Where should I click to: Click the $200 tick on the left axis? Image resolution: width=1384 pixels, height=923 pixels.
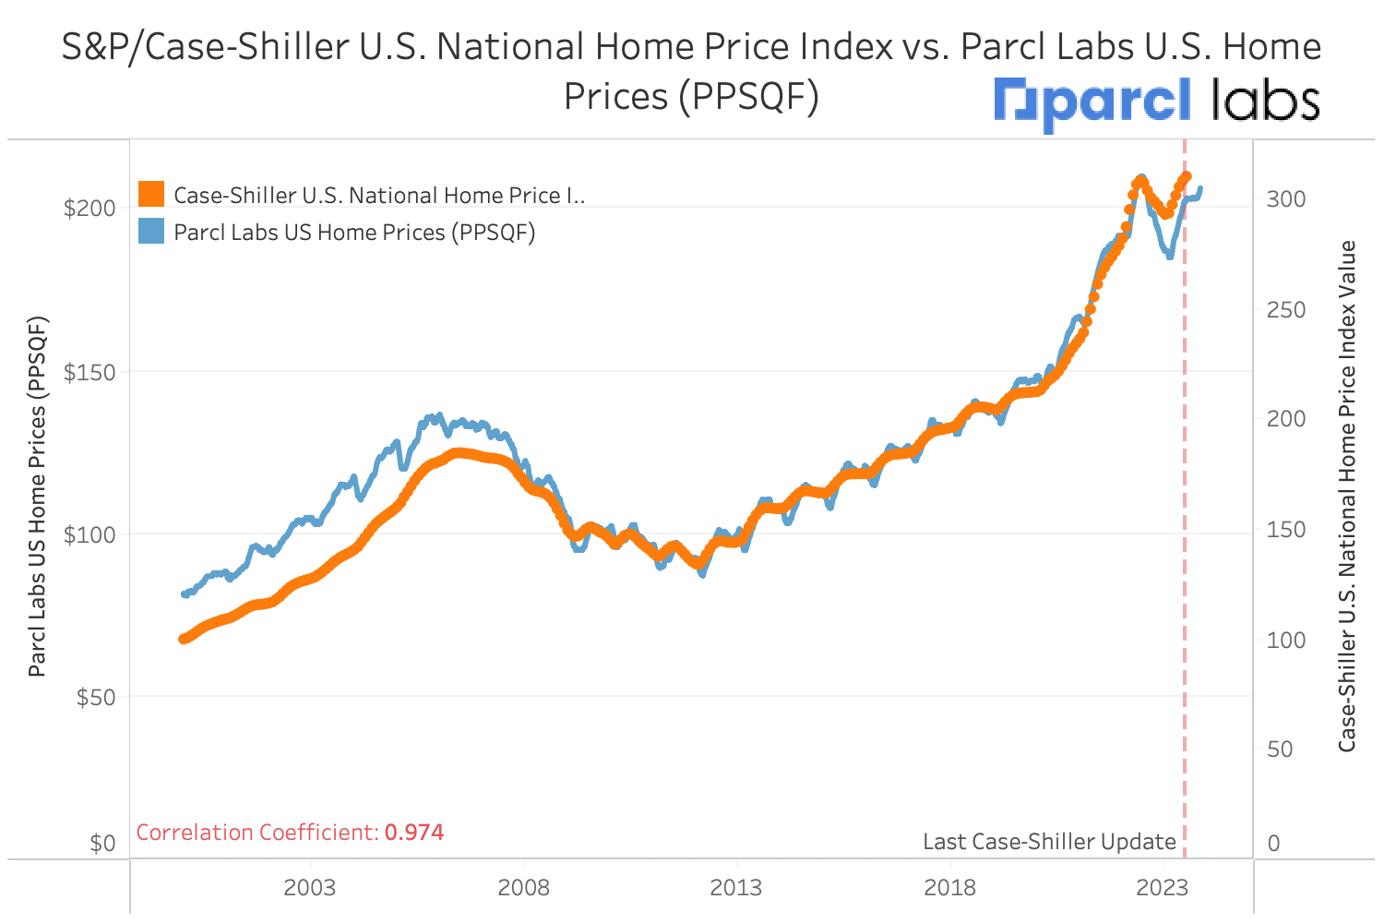coord(89,208)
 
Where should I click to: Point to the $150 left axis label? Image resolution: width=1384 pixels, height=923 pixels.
coord(89,372)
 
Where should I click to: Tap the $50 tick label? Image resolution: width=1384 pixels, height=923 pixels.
coord(96,697)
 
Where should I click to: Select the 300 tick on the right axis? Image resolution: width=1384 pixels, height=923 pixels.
coord(1285,199)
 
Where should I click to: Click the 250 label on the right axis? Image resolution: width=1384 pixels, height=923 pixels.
coord(1285,310)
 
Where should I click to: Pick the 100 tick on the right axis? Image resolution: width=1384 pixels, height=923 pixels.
coord(1285,640)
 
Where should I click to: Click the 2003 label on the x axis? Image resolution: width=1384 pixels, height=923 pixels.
coord(309,888)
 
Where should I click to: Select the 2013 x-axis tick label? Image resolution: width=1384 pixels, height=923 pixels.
coord(735,888)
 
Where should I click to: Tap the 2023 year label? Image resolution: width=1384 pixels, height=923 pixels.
coord(1162,888)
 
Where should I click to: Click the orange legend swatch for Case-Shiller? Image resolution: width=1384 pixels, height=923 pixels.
coord(151,194)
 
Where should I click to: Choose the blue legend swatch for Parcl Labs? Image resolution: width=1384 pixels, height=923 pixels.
coord(151,231)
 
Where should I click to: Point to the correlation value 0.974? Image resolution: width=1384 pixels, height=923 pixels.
coord(414,833)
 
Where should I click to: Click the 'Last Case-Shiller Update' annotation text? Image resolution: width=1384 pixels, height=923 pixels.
coord(1049,842)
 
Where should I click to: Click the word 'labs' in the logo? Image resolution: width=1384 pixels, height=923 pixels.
coord(1265,100)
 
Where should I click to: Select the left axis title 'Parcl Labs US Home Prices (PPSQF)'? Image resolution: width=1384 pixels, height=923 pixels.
coord(37,497)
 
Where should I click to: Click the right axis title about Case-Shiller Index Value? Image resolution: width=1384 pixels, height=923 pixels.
coord(1347,497)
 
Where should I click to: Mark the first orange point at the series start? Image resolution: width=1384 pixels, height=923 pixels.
coord(184,639)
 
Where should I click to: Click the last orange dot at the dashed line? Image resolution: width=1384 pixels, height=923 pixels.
coord(1187,176)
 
